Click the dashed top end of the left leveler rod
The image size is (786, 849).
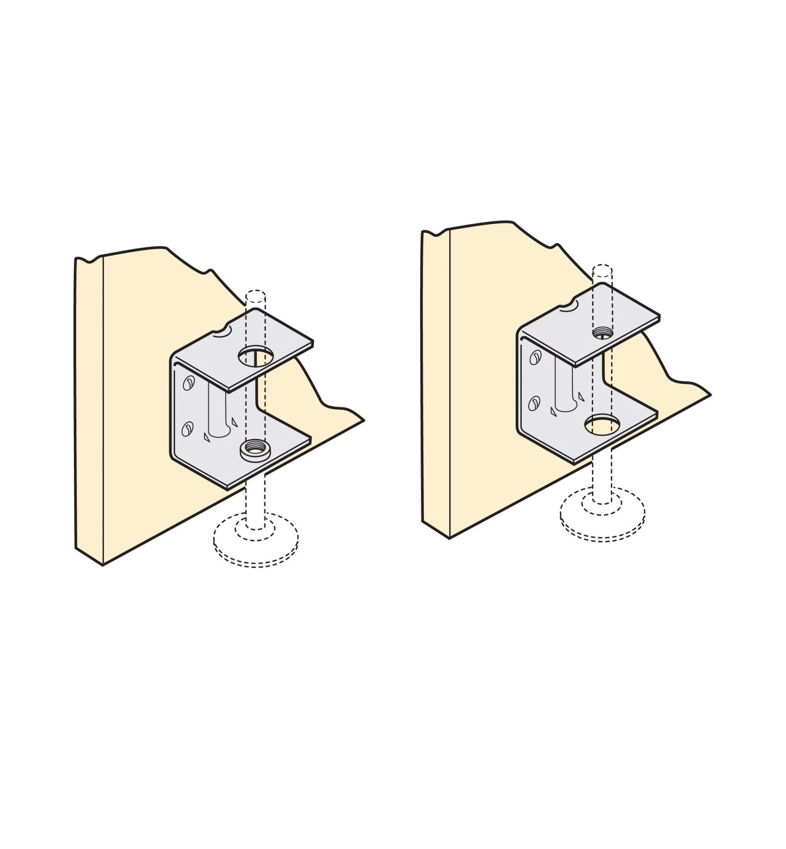pyautogui.click(x=256, y=294)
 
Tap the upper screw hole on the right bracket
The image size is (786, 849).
pyautogui.click(x=535, y=358)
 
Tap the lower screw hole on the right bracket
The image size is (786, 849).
pyautogui.click(x=534, y=403)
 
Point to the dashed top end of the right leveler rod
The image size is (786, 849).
pyautogui.click(x=602, y=269)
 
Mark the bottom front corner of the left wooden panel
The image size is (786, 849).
pyautogui.click(x=103, y=565)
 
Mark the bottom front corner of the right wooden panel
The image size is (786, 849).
pyautogui.click(x=449, y=538)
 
